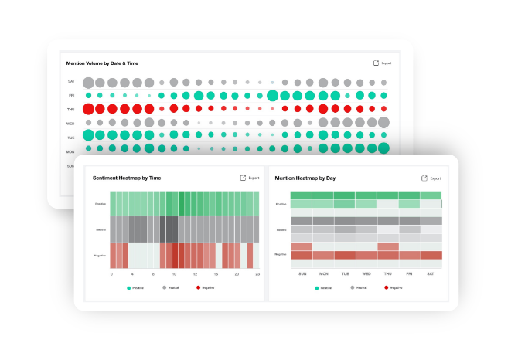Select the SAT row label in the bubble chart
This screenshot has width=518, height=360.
[x=71, y=82]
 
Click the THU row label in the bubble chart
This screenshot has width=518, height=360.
[x=71, y=109]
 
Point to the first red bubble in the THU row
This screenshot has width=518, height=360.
[x=88, y=109]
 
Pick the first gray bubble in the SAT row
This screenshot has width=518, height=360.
[x=88, y=82]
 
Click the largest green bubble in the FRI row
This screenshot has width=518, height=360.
[x=272, y=96]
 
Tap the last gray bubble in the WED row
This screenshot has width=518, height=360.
[x=383, y=122]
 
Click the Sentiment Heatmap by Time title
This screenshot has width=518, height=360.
[x=127, y=178]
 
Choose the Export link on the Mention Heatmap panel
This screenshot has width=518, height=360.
[x=435, y=178]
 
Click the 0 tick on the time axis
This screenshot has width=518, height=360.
[x=111, y=273]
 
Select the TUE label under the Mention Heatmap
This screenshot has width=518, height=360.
[x=344, y=273]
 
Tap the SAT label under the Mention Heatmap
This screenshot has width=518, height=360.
[x=431, y=273]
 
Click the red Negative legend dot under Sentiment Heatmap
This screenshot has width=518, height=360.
[x=198, y=287]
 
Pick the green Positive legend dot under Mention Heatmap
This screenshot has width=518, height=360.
[x=317, y=287]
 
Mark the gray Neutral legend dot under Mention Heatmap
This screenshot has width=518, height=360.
[x=353, y=287]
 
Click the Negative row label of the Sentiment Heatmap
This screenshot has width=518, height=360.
[x=101, y=255]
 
